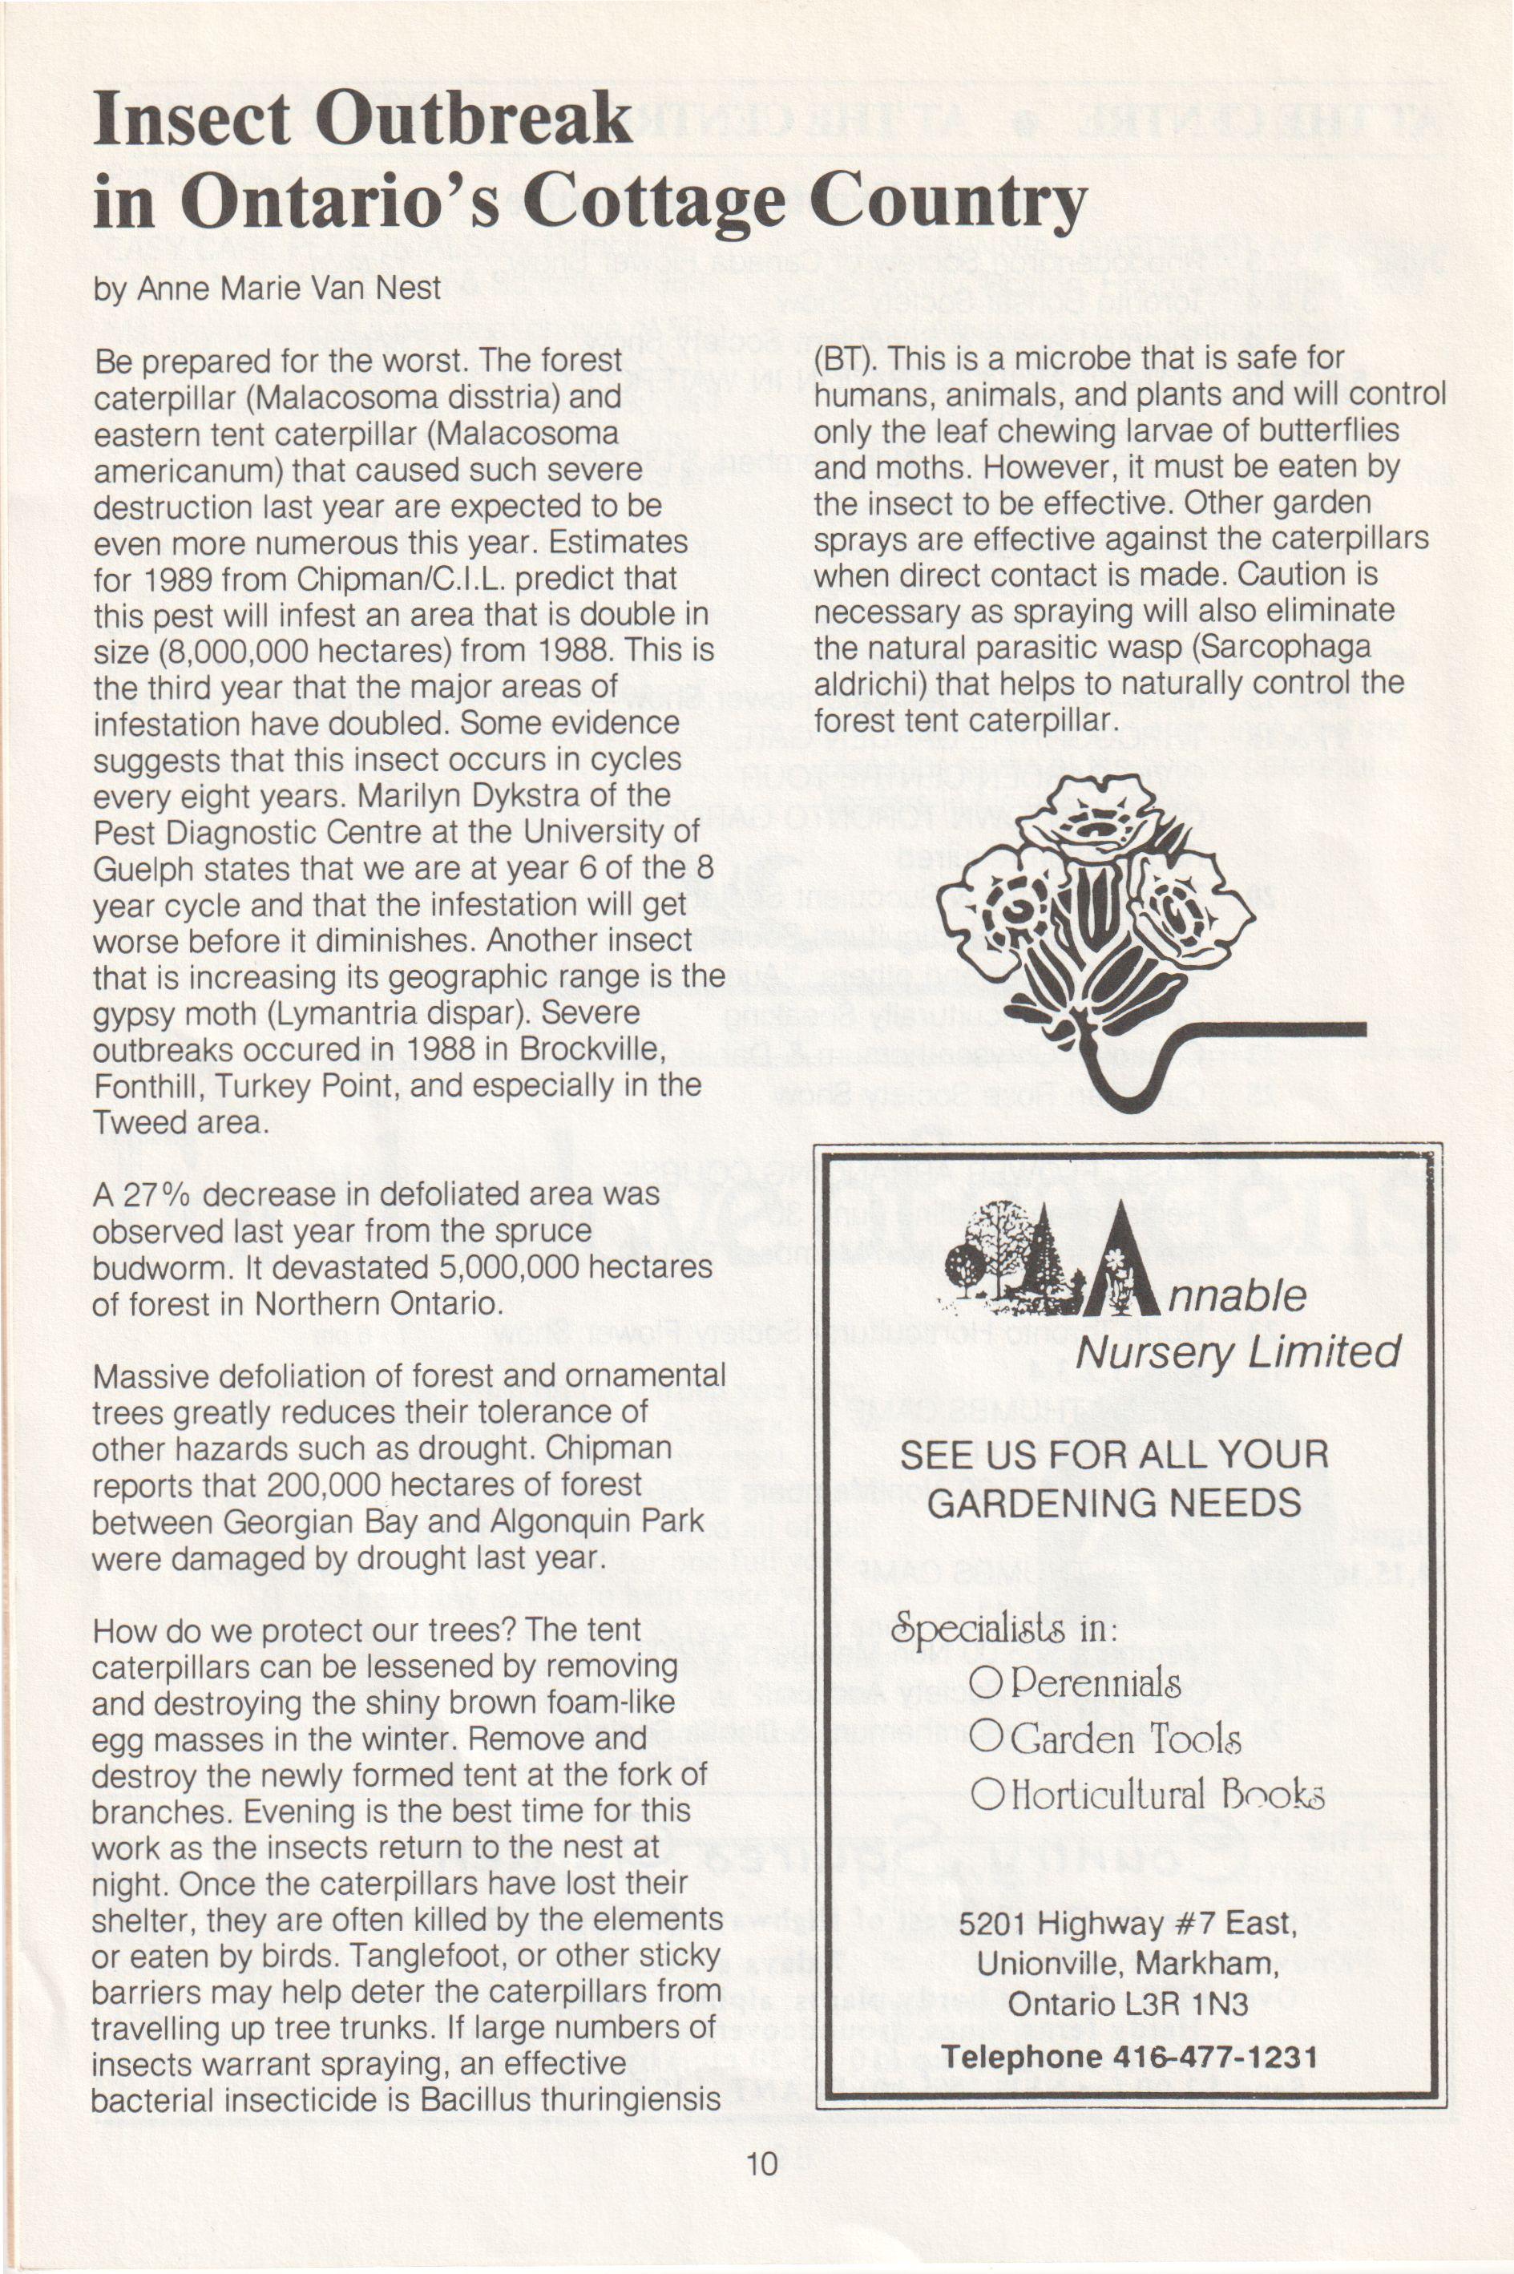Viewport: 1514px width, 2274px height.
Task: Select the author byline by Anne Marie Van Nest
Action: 268,288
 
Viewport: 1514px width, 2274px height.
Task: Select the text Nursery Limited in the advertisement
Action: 1237,1353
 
